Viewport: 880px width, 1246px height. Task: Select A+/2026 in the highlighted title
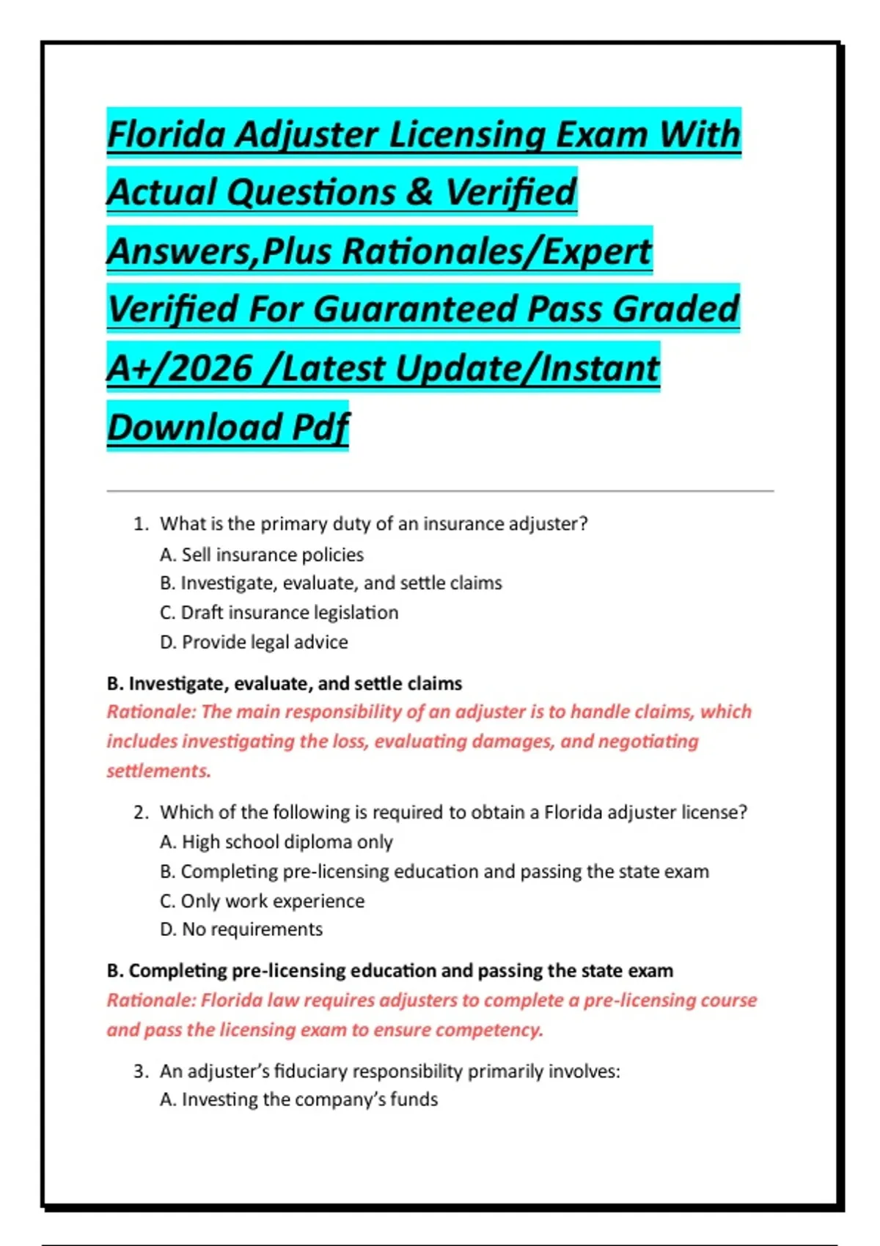pyautogui.click(x=180, y=367)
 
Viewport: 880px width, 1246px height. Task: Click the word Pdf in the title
pyautogui.click(x=320, y=427)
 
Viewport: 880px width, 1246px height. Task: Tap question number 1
pyautogui.click(x=141, y=524)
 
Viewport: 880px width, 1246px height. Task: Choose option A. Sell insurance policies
pyautogui.click(x=262, y=555)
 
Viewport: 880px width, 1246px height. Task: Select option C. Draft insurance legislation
pyautogui.click(x=279, y=613)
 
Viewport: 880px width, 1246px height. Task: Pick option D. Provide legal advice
pyautogui.click(x=254, y=642)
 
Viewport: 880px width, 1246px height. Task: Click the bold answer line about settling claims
pyautogui.click(x=285, y=683)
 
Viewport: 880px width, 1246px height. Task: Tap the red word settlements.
pyautogui.click(x=158, y=771)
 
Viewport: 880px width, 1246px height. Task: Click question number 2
pyautogui.click(x=141, y=812)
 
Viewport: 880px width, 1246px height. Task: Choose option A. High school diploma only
pyautogui.click(x=276, y=842)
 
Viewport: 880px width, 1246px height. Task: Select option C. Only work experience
pyautogui.click(x=262, y=901)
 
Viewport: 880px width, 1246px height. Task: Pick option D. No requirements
pyautogui.click(x=241, y=929)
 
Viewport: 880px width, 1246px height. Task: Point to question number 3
pyautogui.click(x=141, y=1072)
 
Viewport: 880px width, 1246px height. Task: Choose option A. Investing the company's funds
pyautogui.click(x=298, y=1099)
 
